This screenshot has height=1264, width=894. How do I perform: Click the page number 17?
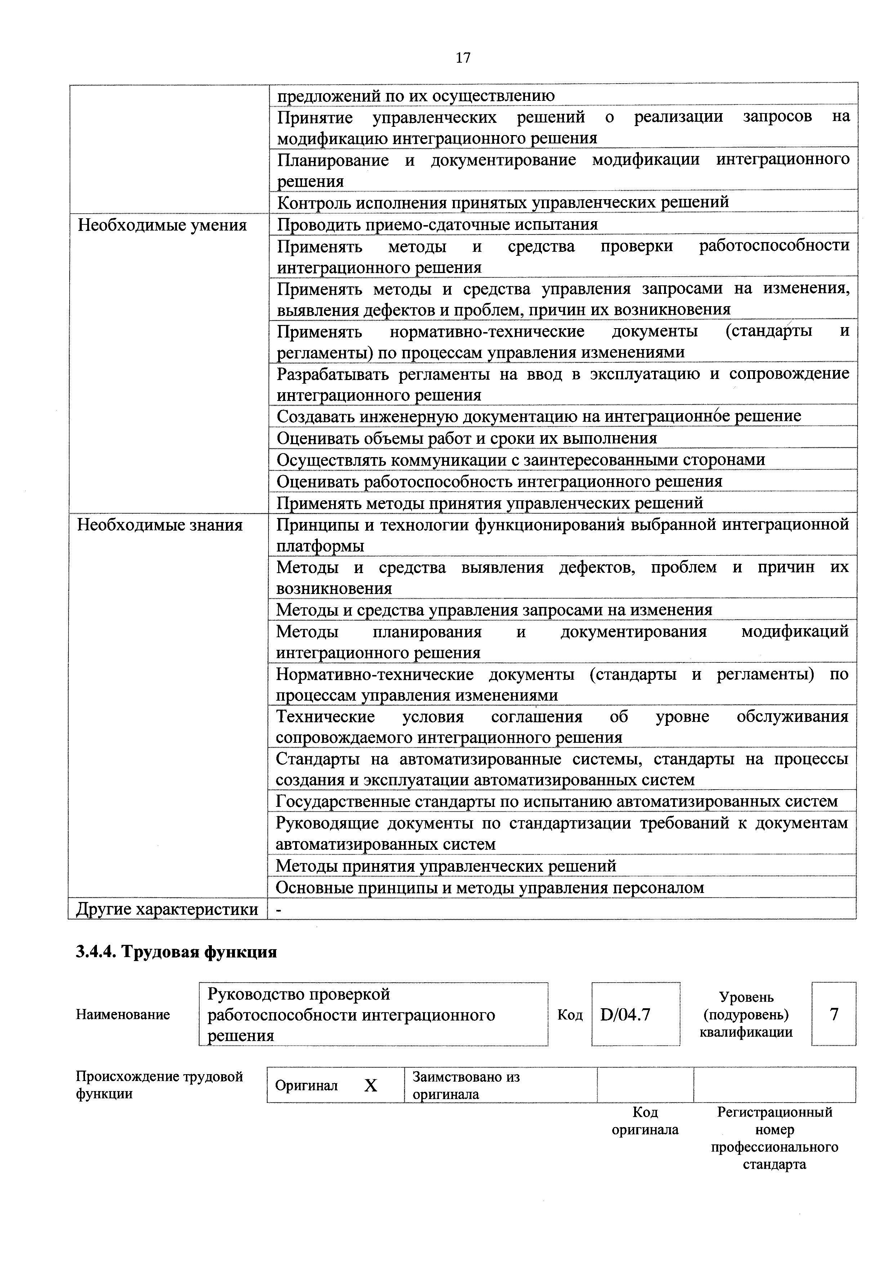tap(463, 58)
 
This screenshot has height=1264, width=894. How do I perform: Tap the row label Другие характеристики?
tap(167, 909)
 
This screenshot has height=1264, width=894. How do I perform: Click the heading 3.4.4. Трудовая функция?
tap(176, 952)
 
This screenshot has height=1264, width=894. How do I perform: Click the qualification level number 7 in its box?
tap(833, 1014)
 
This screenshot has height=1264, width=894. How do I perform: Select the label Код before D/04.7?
tap(570, 1015)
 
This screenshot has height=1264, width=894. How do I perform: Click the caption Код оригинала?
tap(645, 1121)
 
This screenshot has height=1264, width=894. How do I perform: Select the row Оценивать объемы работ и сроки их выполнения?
tap(467, 438)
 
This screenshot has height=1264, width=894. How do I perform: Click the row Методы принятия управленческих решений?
tap(446, 866)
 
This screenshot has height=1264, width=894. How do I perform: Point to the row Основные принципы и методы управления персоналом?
tap(490, 888)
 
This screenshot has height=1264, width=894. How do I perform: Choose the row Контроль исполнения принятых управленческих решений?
tap(502, 202)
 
